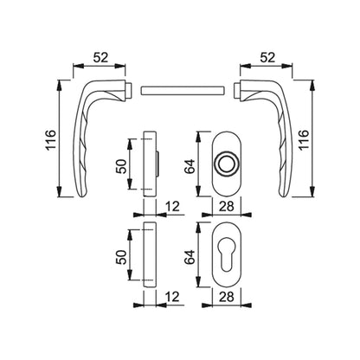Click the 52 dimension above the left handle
click(x=100, y=58)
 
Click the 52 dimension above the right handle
click(x=267, y=58)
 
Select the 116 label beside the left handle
click(x=51, y=139)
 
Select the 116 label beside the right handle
click(x=304, y=139)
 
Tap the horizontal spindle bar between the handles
click(x=183, y=90)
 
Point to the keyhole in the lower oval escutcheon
click(x=227, y=256)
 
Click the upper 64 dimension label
click(x=190, y=166)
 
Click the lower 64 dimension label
click(x=190, y=257)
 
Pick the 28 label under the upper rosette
click(x=227, y=206)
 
